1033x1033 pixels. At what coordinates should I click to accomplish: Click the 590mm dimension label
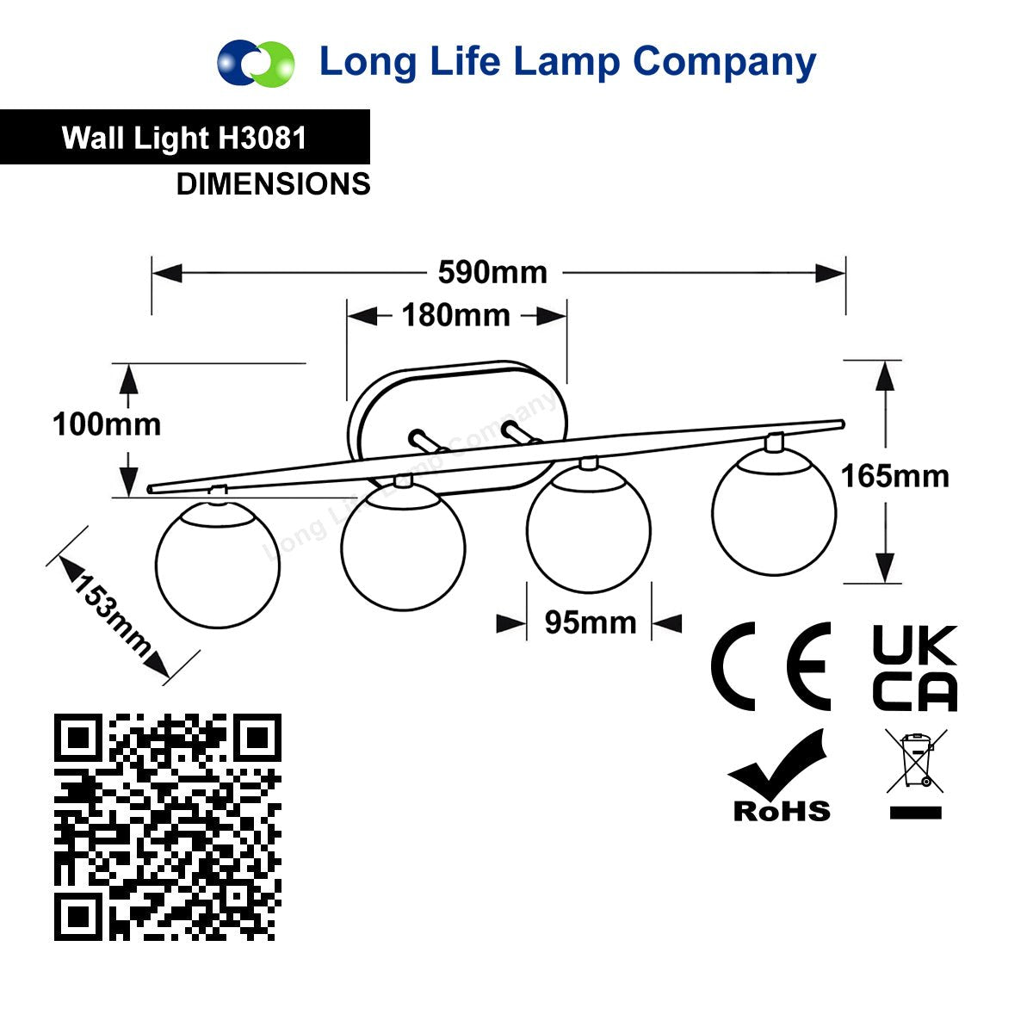(492, 272)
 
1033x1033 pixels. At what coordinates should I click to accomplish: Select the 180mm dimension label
(456, 315)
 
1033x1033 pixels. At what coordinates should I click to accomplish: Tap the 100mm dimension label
(107, 425)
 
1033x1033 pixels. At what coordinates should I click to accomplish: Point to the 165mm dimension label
(894, 477)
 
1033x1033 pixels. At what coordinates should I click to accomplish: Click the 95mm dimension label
(591, 623)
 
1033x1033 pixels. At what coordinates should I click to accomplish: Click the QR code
(168, 826)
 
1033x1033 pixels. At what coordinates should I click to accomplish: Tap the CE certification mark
(770, 666)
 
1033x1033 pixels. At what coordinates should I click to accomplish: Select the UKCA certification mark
(914, 668)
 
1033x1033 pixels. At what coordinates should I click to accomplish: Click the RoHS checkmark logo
(782, 775)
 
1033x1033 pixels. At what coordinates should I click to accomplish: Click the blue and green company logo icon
(256, 63)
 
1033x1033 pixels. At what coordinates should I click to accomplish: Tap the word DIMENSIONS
(274, 184)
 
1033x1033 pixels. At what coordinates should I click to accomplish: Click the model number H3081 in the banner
(263, 138)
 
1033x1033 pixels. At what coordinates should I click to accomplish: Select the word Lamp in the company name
(567, 63)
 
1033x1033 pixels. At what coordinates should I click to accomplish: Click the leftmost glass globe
(218, 564)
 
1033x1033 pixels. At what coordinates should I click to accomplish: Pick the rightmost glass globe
(774, 512)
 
